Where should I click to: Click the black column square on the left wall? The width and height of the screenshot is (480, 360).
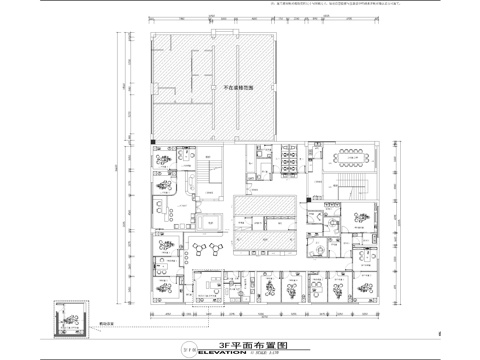[153, 145]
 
